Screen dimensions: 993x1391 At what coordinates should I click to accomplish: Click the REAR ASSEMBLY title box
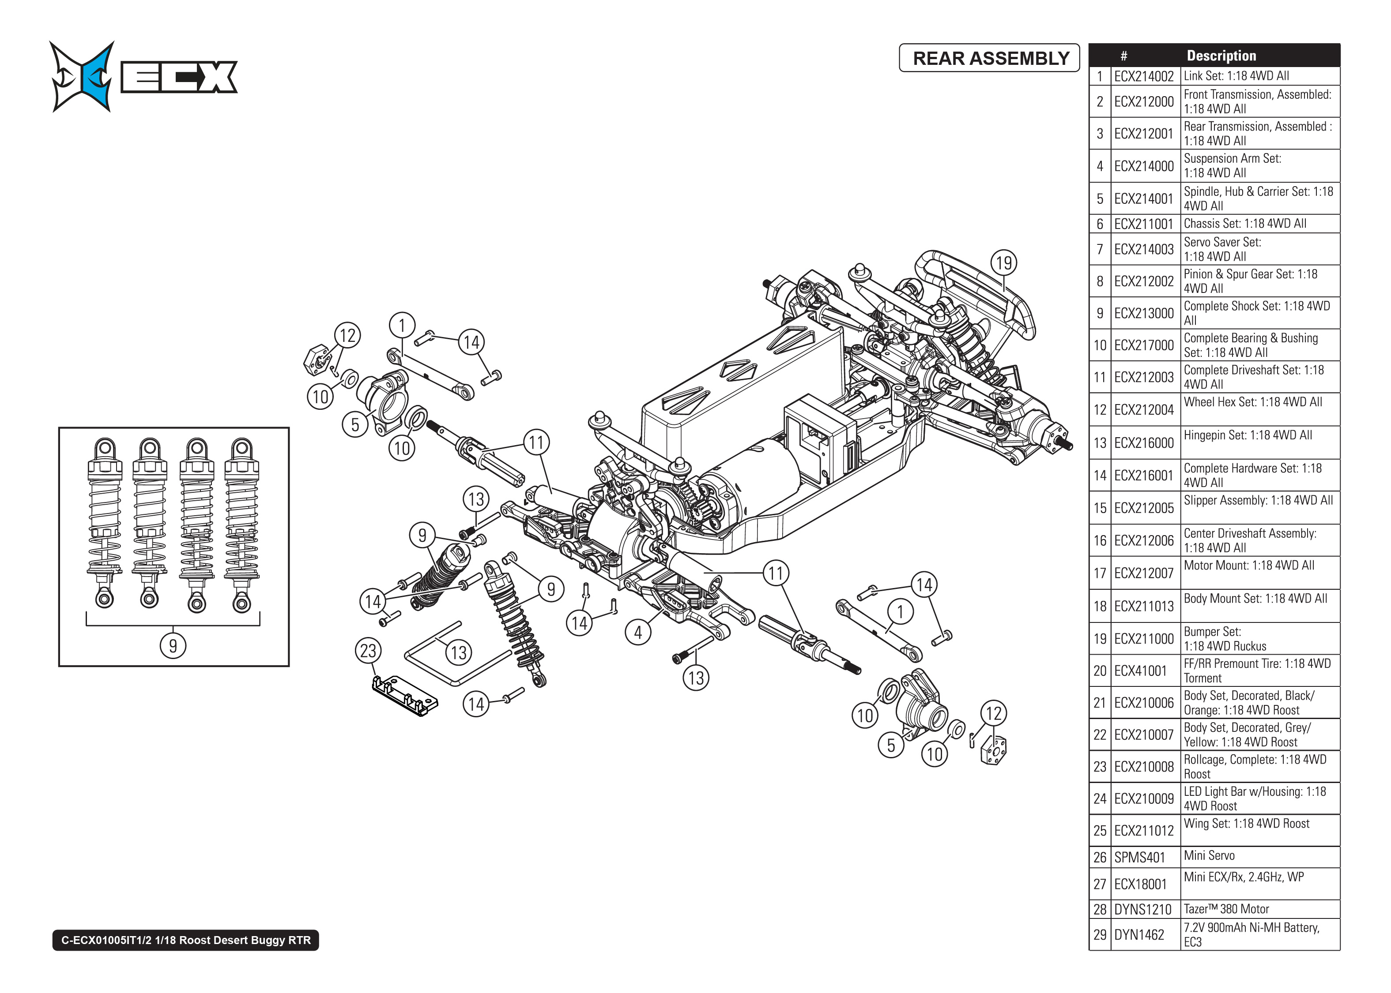coord(989,58)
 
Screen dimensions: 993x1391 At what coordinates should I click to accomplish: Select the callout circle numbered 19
coord(1004,263)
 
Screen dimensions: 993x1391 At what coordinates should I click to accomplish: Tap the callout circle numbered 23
coord(368,651)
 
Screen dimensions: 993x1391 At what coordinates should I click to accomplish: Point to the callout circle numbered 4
coord(638,632)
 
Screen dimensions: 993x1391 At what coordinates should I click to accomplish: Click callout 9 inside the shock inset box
coord(173,646)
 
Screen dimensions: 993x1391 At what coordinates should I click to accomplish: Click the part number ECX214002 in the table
coord(1143,76)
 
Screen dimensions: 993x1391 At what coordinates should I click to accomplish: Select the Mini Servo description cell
coord(1259,856)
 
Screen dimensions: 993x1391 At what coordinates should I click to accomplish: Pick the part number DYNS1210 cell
coord(1142,909)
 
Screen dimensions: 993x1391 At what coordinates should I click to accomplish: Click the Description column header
coord(1221,56)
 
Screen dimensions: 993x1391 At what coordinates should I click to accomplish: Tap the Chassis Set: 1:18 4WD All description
coord(1245,224)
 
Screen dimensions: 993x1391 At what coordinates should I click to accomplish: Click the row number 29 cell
coord(1100,934)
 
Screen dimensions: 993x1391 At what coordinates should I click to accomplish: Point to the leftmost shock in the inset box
coord(105,523)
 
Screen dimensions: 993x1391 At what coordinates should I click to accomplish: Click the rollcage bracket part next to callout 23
coord(404,695)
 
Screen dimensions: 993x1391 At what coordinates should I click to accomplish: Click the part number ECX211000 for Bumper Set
coord(1143,639)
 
